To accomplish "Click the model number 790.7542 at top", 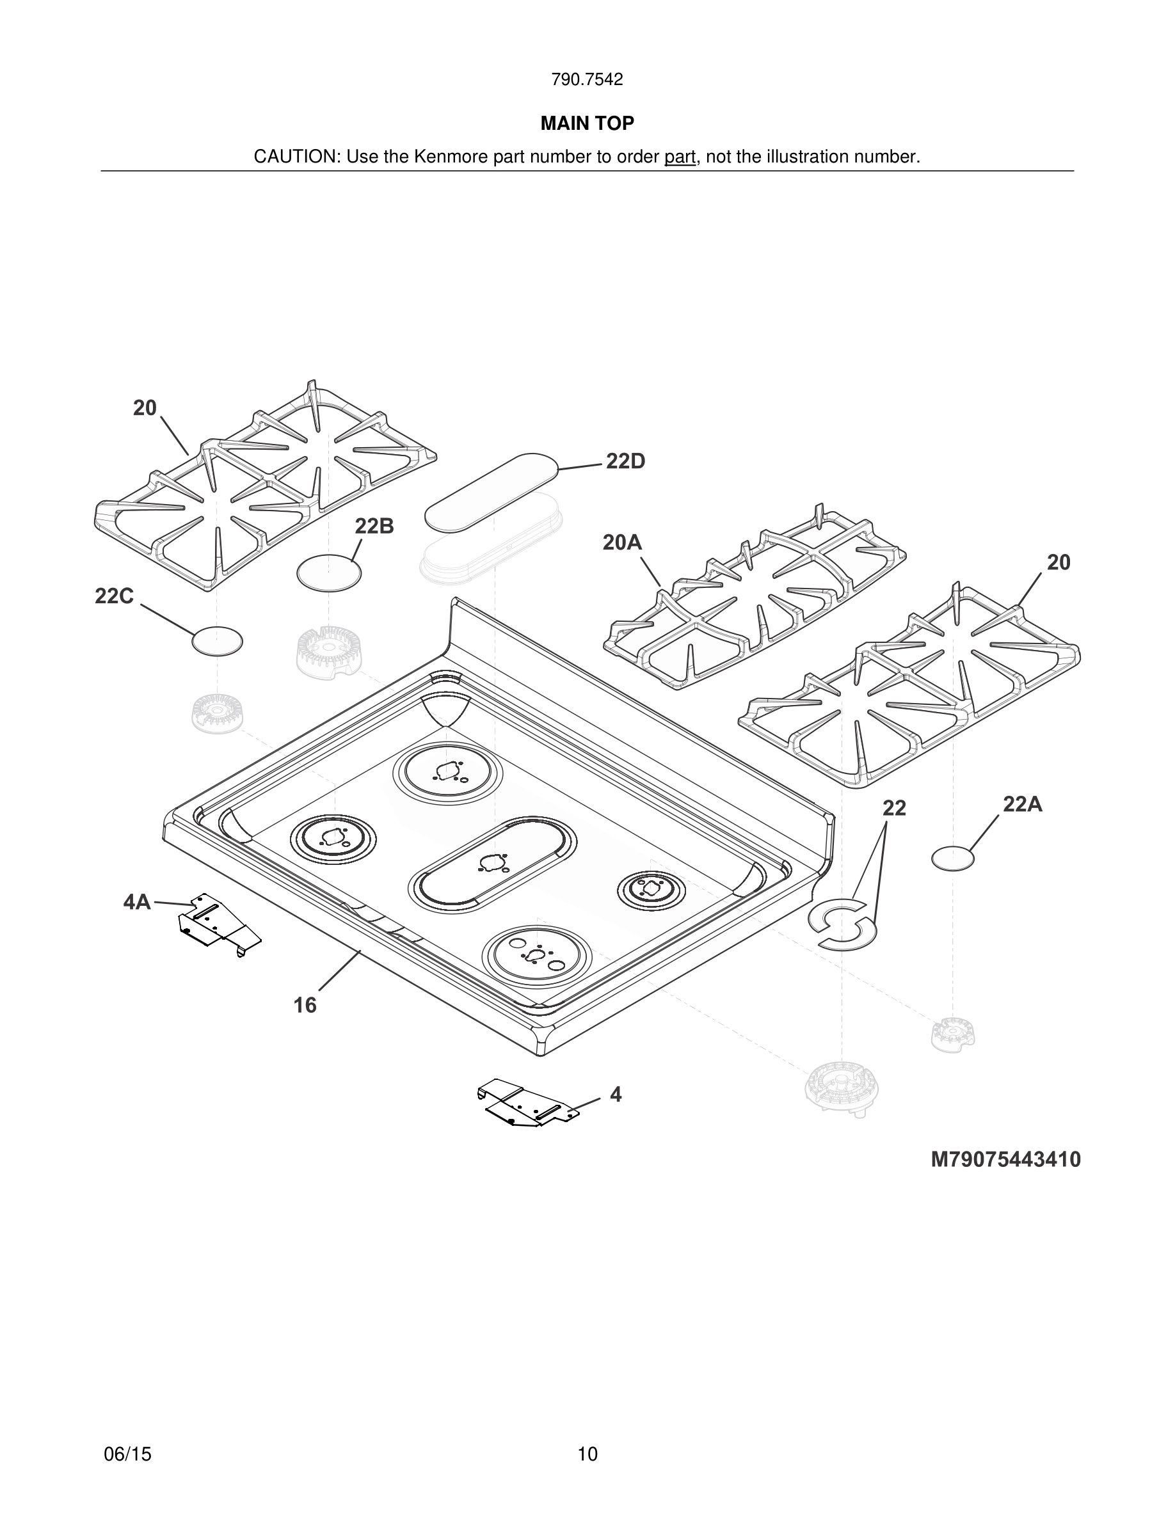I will point(587,80).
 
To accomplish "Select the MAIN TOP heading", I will point(587,124).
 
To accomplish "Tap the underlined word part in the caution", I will point(680,157).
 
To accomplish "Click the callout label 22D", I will point(625,461).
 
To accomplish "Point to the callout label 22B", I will point(374,526).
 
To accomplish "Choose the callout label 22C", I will point(114,596).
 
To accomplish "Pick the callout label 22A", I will point(1022,805).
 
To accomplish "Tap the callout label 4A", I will point(137,902).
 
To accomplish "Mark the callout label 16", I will point(305,1005).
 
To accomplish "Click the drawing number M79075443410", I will point(1006,1159).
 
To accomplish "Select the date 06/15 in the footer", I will point(127,1454).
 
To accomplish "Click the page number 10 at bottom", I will point(587,1454).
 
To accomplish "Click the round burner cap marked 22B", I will point(329,573).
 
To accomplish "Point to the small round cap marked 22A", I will point(953,859).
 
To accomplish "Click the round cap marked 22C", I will point(217,641).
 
